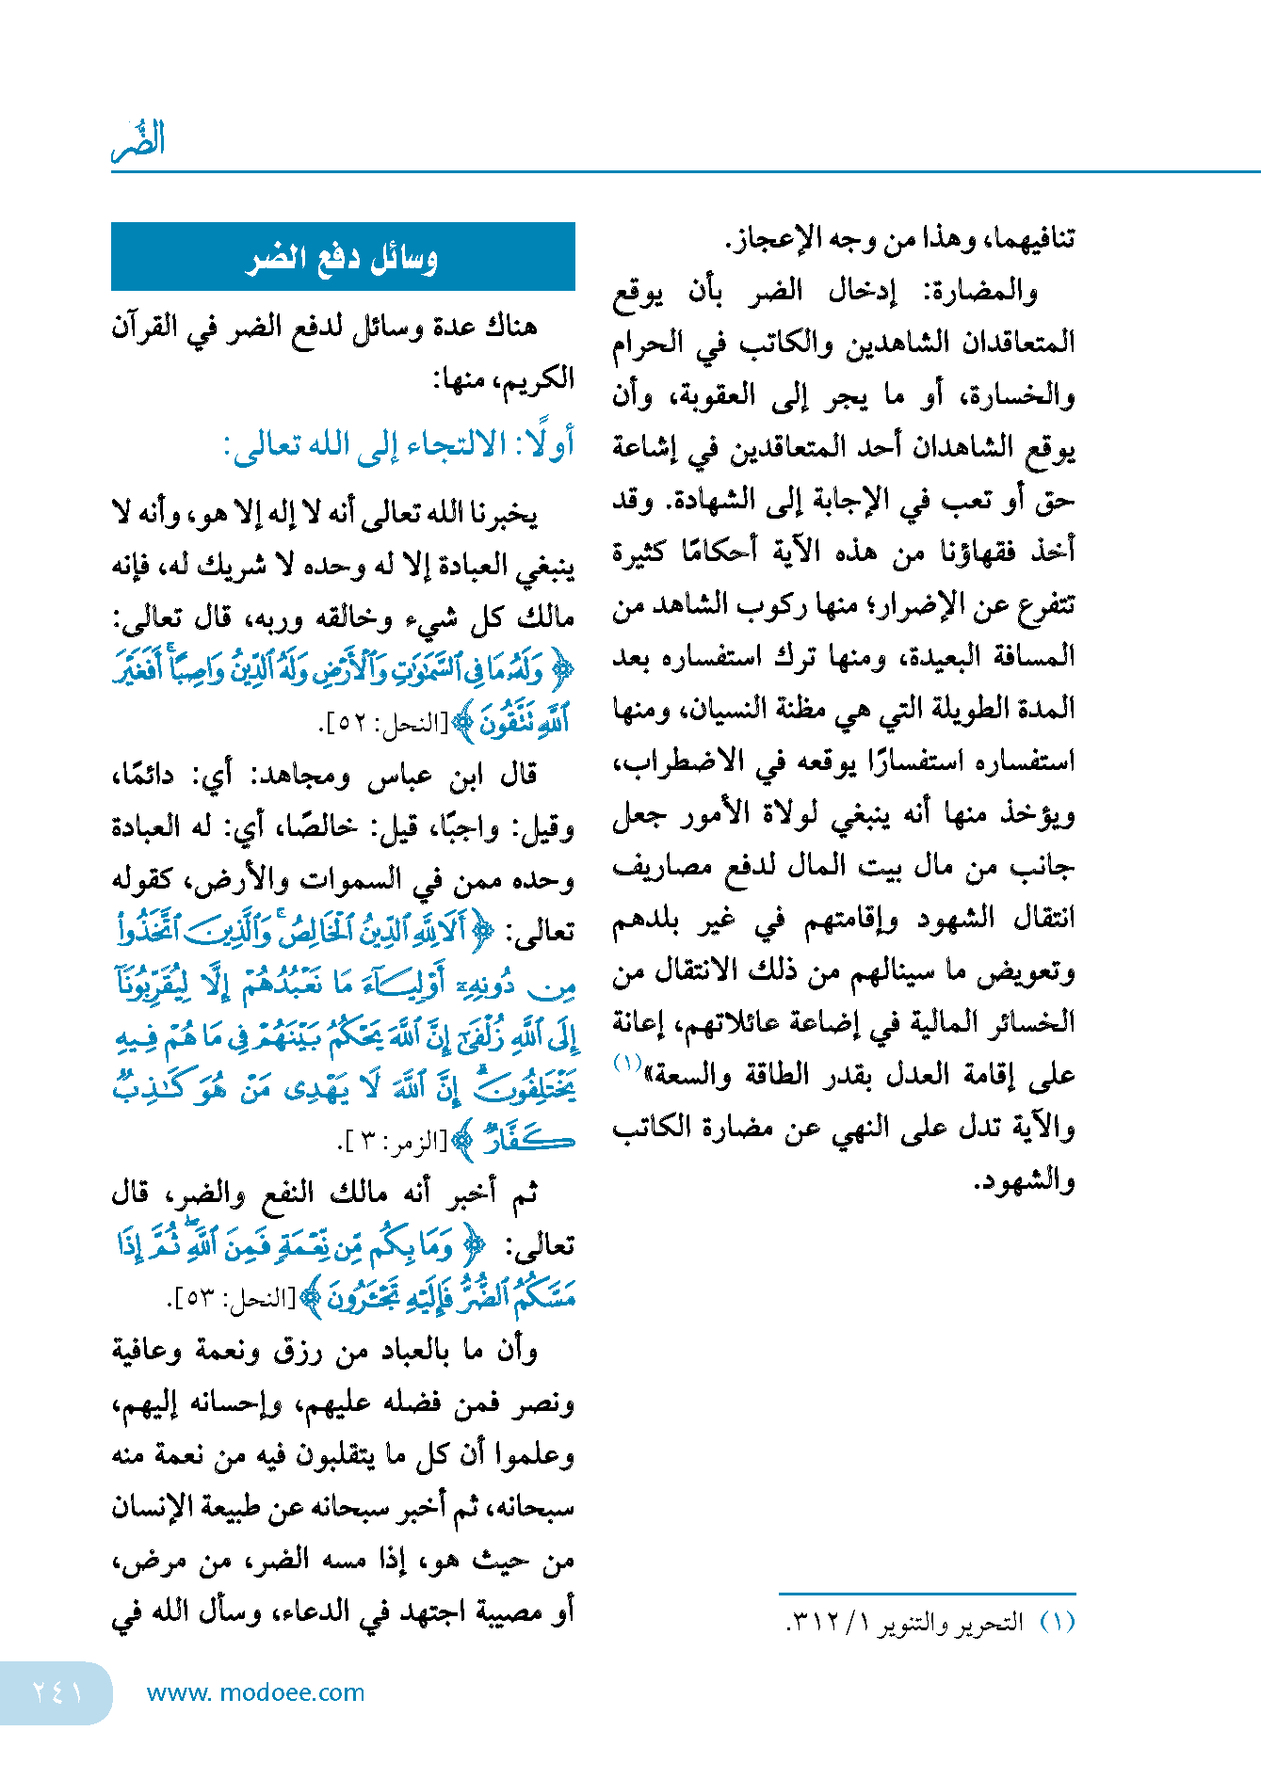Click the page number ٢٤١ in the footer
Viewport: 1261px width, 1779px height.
coord(57,1692)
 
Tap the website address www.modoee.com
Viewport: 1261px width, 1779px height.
coord(255,1692)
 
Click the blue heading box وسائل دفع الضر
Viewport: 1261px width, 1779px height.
coord(343,257)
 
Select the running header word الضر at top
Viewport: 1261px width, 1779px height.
coord(139,141)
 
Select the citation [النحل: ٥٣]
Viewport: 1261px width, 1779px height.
coord(232,1300)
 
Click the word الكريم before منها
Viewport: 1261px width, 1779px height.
coord(536,379)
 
